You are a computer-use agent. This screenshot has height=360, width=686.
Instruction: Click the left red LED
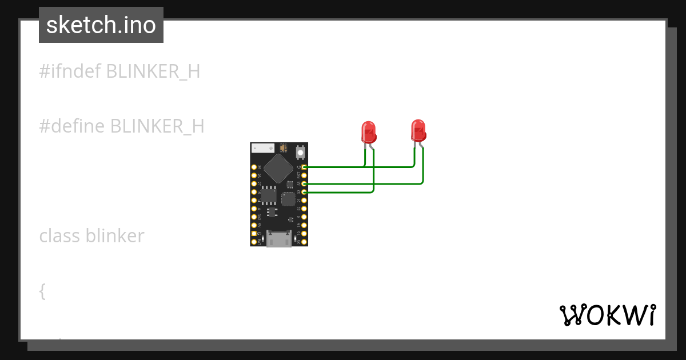pyautogui.click(x=369, y=131)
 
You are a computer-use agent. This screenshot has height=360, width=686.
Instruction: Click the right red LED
pyautogui.click(x=418, y=130)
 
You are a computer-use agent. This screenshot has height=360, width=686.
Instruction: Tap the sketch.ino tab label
pyautogui.click(x=101, y=25)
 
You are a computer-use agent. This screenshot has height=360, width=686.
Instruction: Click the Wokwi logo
pyautogui.click(x=607, y=315)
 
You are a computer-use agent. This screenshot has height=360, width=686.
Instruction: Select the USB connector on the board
pyautogui.click(x=279, y=238)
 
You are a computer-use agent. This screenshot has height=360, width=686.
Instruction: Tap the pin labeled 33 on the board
pyautogui.click(x=304, y=184)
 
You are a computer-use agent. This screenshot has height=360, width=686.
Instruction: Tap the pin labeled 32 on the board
pyautogui.click(x=304, y=193)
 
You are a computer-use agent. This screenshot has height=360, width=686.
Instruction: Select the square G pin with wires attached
pyautogui.click(x=304, y=167)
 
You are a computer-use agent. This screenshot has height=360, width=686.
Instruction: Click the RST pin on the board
pyautogui.click(x=304, y=175)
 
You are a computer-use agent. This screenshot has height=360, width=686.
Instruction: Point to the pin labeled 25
pyautogui.click(x=254, y=167)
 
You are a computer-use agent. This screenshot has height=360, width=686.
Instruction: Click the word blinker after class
pyautogui.click(x=115, y=235)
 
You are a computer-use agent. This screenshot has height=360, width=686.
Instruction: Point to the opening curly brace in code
pyautogui.click(x=42, y=291)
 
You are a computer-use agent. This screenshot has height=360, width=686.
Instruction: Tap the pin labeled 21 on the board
pyautogui.click(x=304, y=201)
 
